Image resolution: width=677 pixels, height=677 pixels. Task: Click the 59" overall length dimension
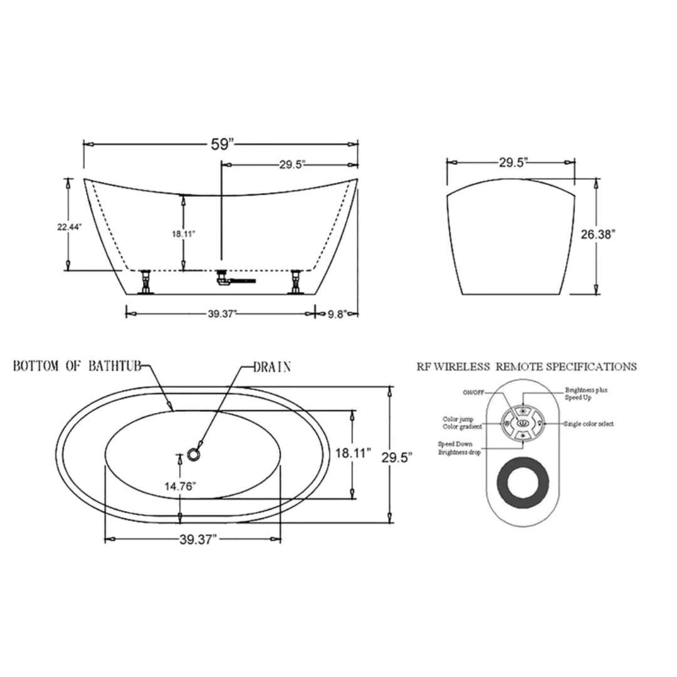[x=222, y=144]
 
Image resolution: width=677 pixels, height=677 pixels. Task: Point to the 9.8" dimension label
[x=337, y=315]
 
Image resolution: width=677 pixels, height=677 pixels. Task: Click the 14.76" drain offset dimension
[x=181, y=486]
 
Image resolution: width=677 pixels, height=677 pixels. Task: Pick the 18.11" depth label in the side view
[x=183, y=233]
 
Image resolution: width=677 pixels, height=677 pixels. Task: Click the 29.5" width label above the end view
[x=513, y=162]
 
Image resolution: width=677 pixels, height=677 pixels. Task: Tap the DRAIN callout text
[x=272, y=367]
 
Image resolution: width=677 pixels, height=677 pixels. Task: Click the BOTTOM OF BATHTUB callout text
[x=77, y=366]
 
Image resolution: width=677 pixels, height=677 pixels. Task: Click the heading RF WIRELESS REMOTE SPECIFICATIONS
[x=527, y=367]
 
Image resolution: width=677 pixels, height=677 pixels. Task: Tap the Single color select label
[x=589, y=424]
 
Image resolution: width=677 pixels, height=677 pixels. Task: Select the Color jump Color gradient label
[x=462, y=423]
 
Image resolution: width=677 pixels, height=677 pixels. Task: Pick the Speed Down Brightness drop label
[x=459, y=448]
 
